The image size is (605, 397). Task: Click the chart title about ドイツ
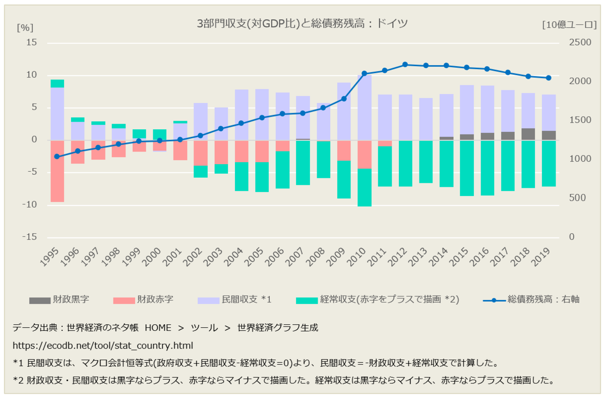click(x=302, y=24)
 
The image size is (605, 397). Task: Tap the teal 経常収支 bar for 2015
click(x=466, y=168)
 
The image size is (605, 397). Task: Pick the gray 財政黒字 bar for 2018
click(x=528, y=134)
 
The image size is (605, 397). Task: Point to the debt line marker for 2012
click(x=405, y=65)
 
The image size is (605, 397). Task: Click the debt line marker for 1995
click(x=57, y=157)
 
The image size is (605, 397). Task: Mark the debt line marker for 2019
click(x=549, y=78)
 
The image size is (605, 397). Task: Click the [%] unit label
click(x=25, y=27)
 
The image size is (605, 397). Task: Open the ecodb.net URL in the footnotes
click(x=103, y=345)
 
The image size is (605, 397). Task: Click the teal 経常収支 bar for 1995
click(x=57, y=83)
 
